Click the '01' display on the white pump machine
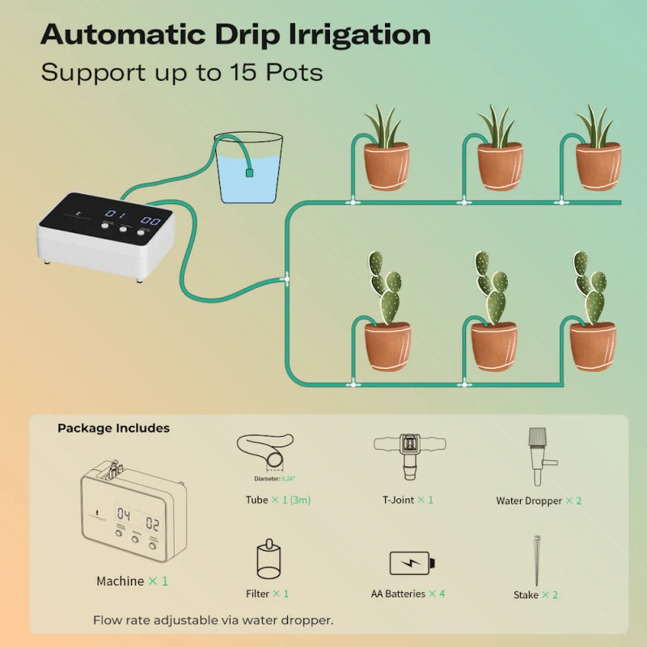pos(116,216)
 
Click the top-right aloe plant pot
pos(598,165)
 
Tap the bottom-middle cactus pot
pos(494,345)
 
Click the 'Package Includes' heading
pos(113,428)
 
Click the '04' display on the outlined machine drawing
pos(124,514)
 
